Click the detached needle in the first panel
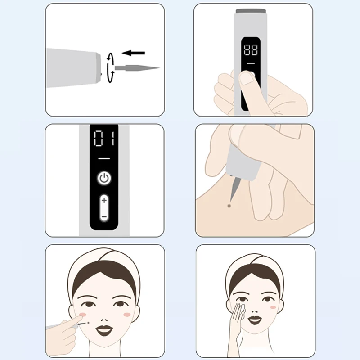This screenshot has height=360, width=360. (x=137, y=68)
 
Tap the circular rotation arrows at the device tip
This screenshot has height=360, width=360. (x=110, y=68)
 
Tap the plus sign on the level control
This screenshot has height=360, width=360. (x=104, y=199)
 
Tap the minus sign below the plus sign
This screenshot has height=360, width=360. (x=104, y=216)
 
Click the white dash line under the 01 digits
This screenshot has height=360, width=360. (x=104, y=159)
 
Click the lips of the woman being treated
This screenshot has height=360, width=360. (x=105, y=330)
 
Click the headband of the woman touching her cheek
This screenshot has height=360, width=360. (x=255, y=262)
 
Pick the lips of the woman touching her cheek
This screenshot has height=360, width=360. (x=255, y=320)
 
